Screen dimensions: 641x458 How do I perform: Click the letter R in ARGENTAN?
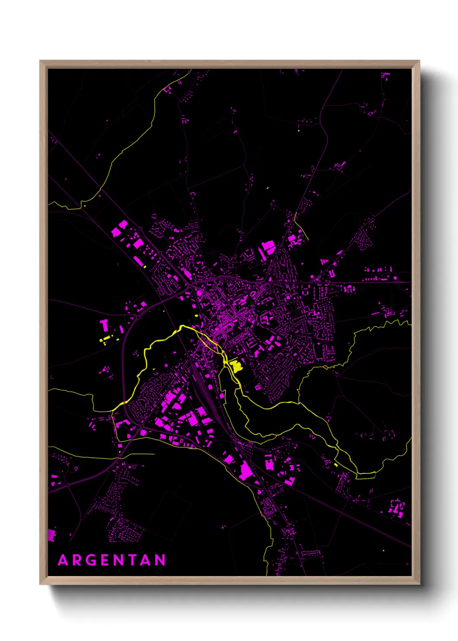click(77, 560)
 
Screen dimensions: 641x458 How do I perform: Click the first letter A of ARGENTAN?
click(63, 560)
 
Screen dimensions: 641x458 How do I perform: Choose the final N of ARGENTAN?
click(160, 560)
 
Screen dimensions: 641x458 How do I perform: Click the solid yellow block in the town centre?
click(236, 366)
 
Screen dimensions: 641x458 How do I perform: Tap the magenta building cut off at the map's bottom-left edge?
click(51, 535)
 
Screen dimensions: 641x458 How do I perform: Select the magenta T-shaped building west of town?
click(104, 325)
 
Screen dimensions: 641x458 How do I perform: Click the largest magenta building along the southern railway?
click(246, 471)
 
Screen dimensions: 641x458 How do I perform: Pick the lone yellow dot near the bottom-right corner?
click(384, 551)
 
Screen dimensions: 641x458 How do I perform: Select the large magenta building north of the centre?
click(268, 248)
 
